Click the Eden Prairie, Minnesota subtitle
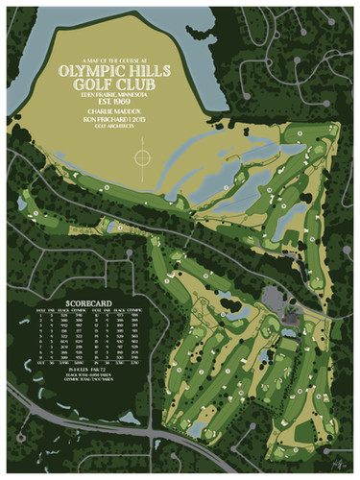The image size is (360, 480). pyautogui.click(x=122, y=92)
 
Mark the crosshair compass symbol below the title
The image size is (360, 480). pyautogui.click(x=142, y=153)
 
